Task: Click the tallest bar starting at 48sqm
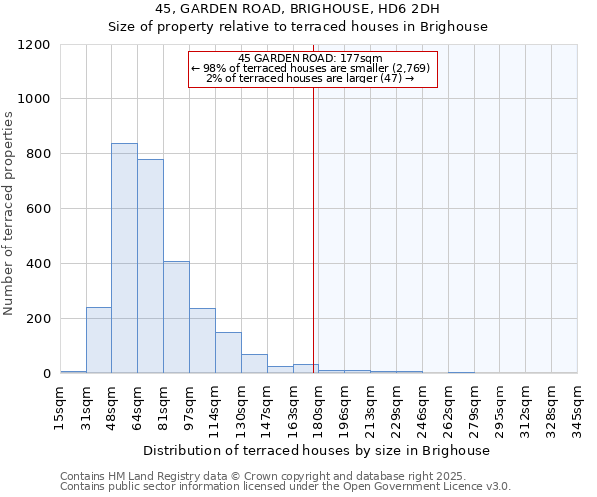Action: click(124, 258)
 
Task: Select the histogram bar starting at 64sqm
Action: click(150, 266)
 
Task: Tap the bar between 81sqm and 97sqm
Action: click(176, 317)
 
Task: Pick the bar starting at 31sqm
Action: click(99, 340)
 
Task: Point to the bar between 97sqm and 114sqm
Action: click(202, 341)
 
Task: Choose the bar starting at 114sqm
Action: click(228, 353)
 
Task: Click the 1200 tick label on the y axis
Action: click(34, 45)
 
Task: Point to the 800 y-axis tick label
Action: click(38, 154)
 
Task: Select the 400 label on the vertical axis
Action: click(38, 264)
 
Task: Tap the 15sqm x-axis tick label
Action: click(61, 405)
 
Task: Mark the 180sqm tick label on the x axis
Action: click(319, 406)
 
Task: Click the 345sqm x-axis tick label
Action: click(578, 406)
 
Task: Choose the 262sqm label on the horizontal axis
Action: click(449, 406)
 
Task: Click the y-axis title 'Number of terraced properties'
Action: click(10, 214)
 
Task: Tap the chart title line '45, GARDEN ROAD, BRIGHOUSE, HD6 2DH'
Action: click(298, 9)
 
